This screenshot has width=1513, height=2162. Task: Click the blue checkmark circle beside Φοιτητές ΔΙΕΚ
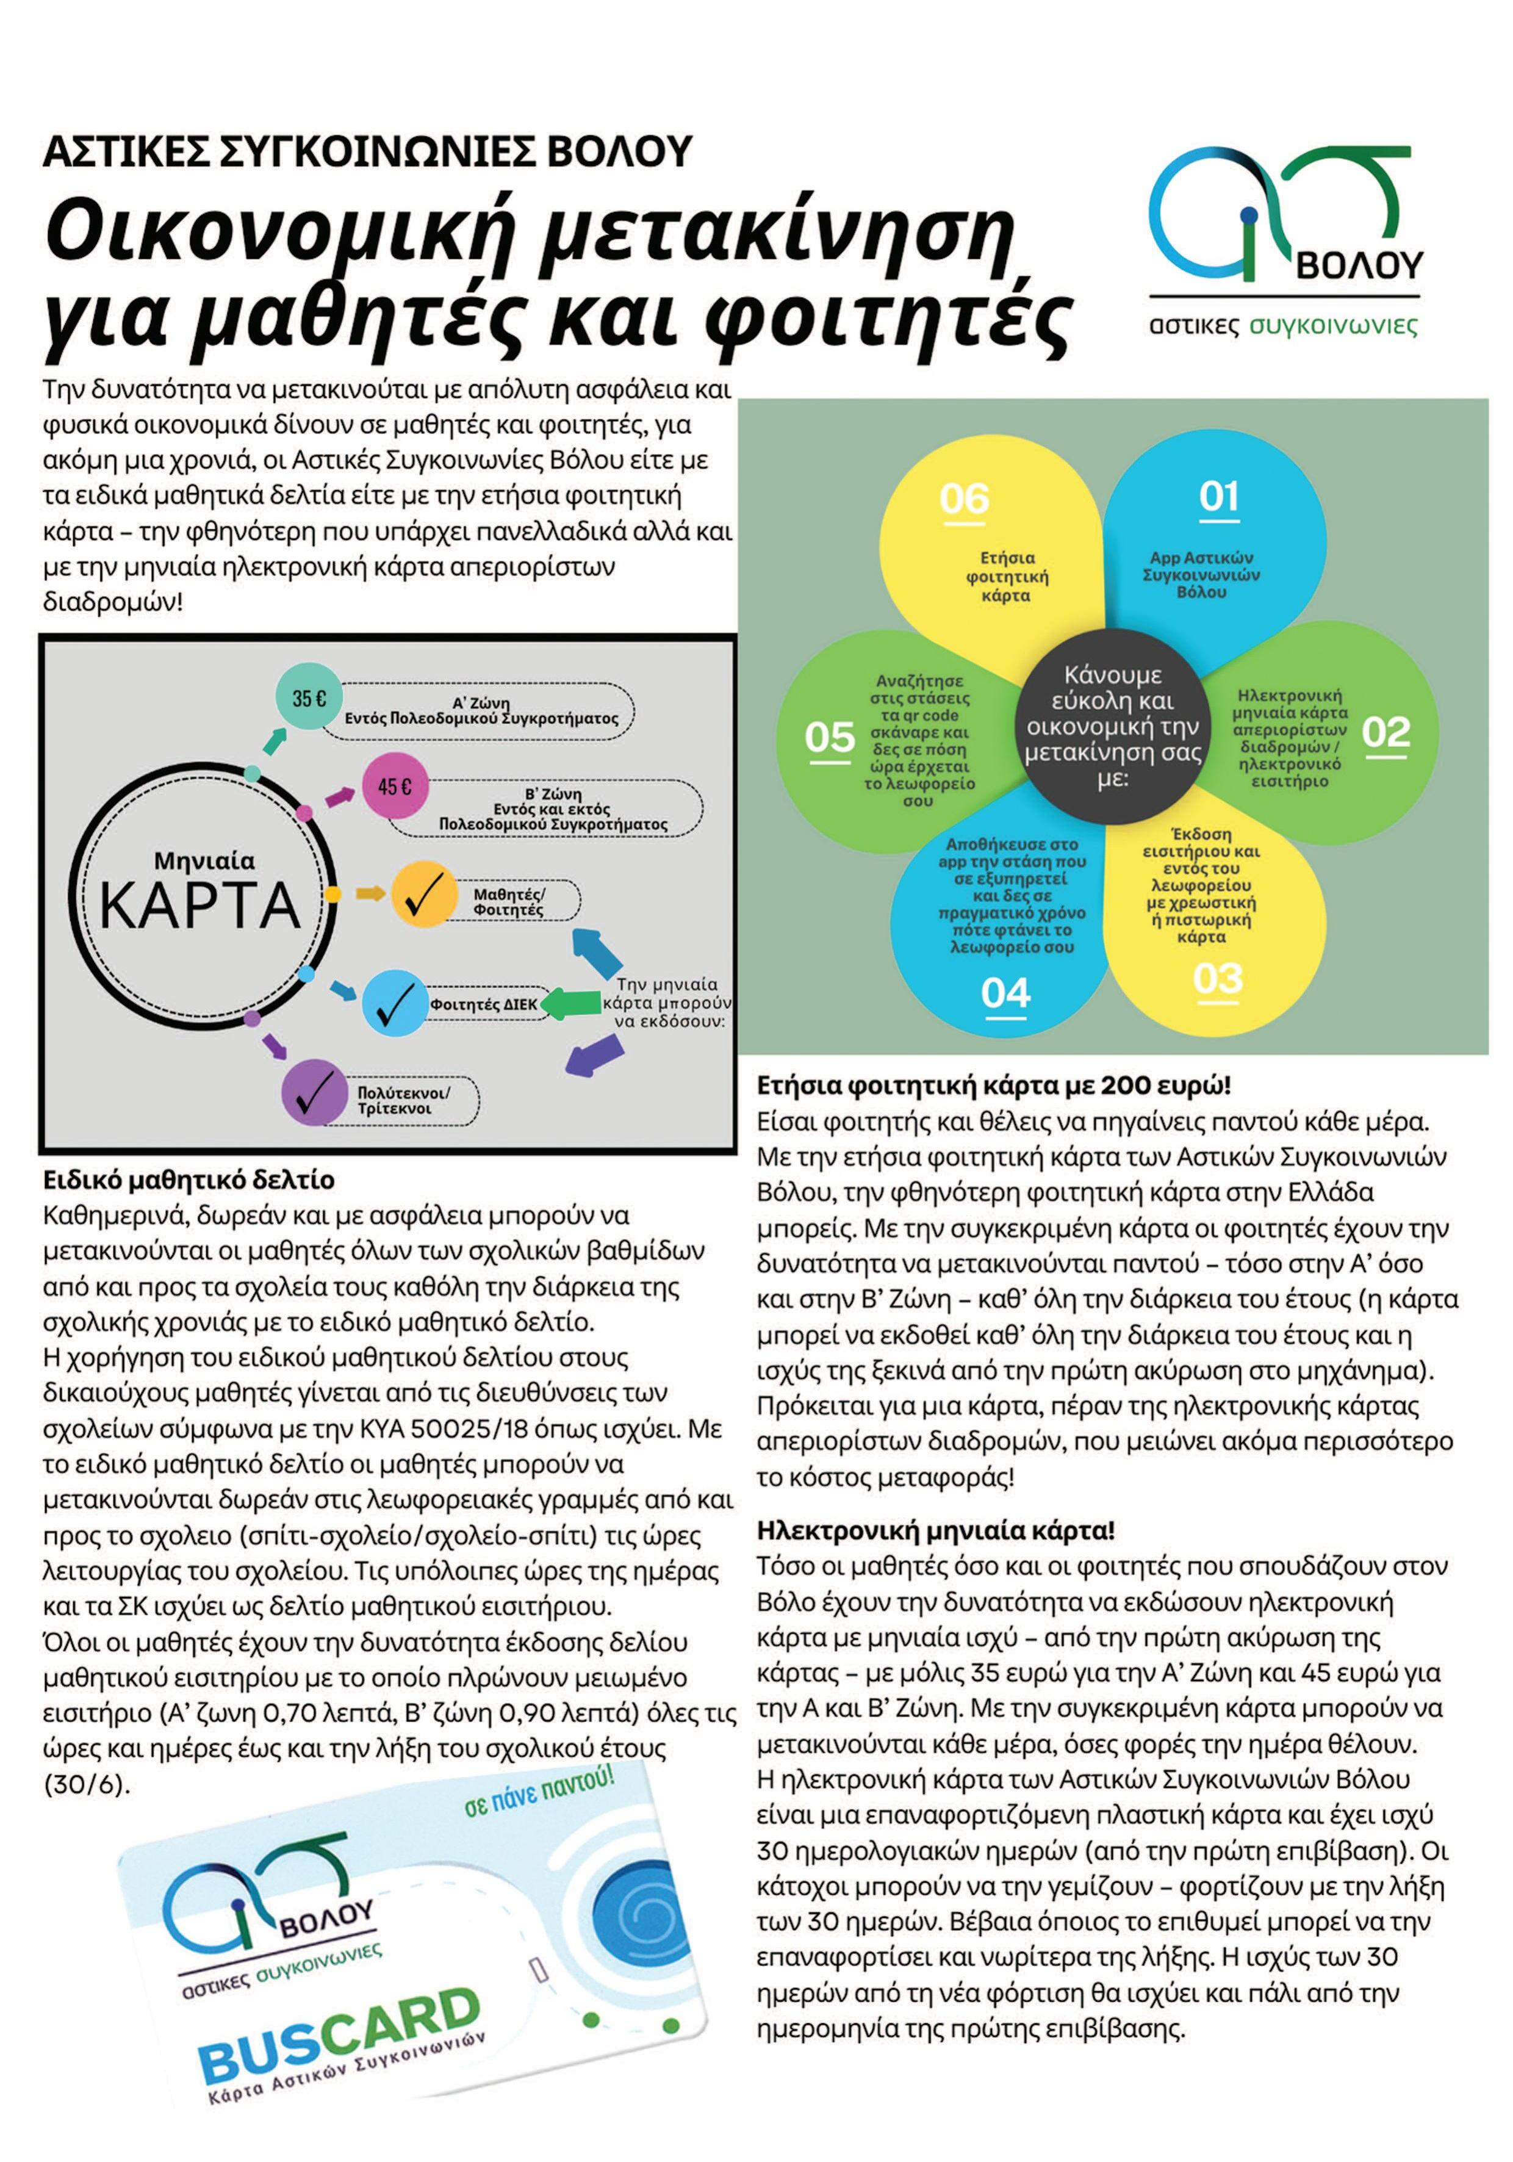point(395,1002)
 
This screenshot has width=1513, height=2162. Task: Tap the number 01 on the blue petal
point(1218,496)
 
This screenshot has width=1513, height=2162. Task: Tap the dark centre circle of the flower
point(1115,726)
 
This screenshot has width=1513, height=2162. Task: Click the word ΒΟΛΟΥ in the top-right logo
point(1359,265)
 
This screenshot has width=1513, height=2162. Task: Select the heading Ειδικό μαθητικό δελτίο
point(189,1180)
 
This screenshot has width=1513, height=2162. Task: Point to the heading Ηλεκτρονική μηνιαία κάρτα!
point(936,1530)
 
